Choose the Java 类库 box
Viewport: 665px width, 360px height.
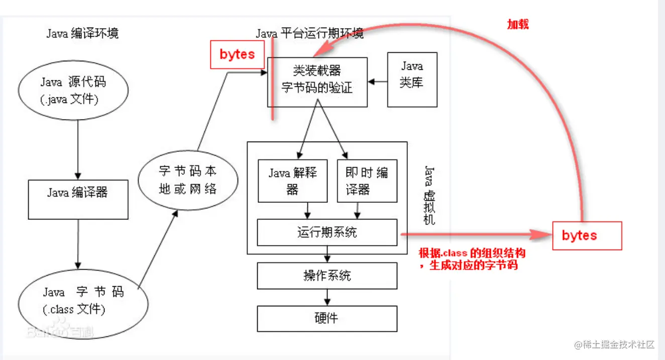coord(412,79)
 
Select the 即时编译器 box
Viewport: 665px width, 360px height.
coord(367,181)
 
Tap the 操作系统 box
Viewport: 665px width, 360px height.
coord(327,275)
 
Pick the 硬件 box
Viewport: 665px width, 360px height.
coord(327,318)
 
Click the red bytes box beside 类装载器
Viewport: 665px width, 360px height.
coord(237,55)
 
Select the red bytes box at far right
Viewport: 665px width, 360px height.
coord(587,235)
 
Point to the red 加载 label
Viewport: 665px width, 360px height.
coord(518,25)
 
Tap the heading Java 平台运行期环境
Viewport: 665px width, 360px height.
coord(309,34)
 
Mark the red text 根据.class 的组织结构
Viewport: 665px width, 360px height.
coord(472,253)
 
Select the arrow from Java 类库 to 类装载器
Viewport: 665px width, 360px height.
coord(378,80)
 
